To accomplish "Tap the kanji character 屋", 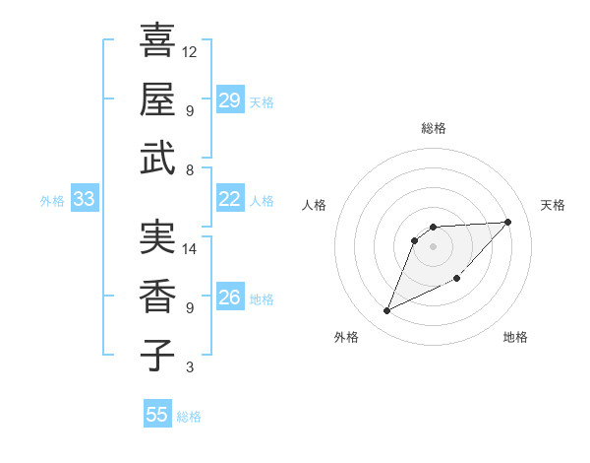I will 157,99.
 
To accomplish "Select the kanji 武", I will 157,158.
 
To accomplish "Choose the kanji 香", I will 157,296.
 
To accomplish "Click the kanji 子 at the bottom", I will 157,355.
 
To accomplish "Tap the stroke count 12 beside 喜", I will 190,51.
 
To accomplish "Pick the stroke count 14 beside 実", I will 190,249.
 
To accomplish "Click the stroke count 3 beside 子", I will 190,367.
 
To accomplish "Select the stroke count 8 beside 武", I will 190,170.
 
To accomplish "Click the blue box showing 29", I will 229,100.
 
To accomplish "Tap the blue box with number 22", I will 229,199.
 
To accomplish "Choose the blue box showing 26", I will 229,298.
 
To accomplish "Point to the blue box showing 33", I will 84,200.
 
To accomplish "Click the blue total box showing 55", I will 157,415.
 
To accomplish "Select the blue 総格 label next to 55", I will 189,417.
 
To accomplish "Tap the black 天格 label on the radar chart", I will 553,205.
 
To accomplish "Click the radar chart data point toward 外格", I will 386,311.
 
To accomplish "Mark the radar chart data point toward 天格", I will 507,222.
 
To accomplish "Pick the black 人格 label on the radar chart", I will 315,205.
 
